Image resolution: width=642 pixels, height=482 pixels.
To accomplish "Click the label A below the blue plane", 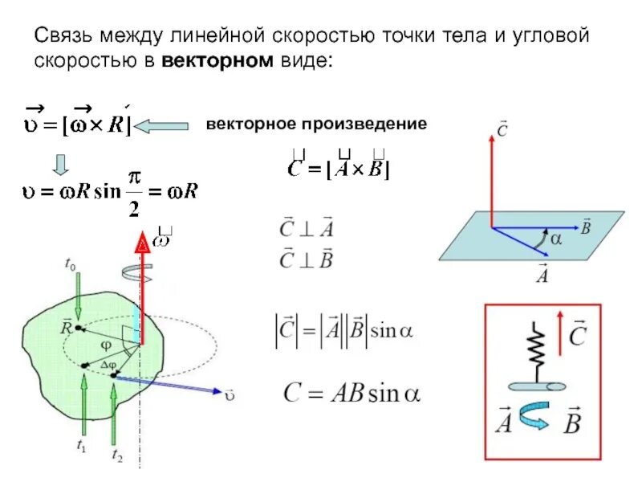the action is coord(542,275).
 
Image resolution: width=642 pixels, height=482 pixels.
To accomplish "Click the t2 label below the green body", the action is coord(117,455).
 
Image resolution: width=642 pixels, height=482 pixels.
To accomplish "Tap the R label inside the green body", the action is coord(67,327).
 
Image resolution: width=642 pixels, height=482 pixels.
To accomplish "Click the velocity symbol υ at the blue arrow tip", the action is coord(231,396).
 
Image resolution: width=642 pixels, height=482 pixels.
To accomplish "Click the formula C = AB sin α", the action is coord(351,393).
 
